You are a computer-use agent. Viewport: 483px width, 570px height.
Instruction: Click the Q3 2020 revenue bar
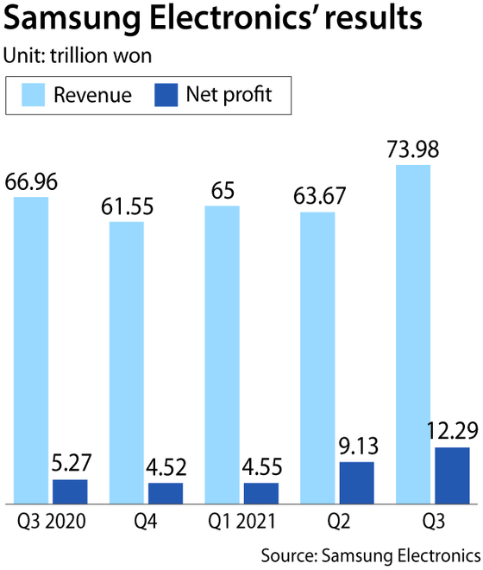31,350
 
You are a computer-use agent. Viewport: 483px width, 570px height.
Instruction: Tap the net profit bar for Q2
357,482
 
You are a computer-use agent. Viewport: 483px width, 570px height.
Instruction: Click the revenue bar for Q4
126,362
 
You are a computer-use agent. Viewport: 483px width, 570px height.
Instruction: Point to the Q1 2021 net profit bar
261,492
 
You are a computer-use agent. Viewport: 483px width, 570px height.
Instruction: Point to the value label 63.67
317,198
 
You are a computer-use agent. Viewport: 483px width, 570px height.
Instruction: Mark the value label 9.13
357,449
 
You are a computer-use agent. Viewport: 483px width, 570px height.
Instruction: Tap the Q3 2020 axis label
50,522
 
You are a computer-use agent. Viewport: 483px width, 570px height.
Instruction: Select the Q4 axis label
146,522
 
